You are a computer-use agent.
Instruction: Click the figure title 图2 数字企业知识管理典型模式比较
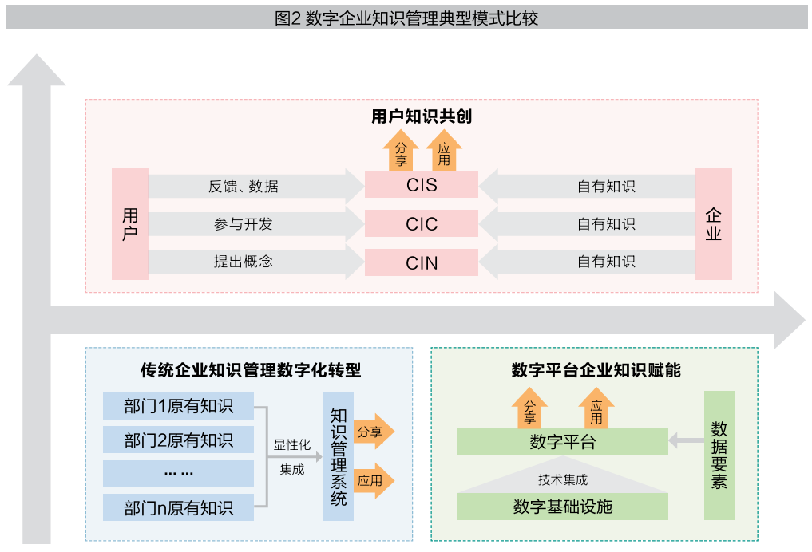pyautogui.click(x=406, y=18)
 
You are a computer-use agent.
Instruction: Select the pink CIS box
pyautogui.click(x=421, y=185)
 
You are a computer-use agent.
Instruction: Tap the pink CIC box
pyautogui.click(x=421, y=223)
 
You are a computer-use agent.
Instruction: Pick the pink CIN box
pyautogui.click(x=421, y=262)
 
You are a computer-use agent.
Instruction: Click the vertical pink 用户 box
pyautogui.click(x=130, y=223)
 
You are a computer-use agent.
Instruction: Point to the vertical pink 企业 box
pyautogui.click(x=713, y=223)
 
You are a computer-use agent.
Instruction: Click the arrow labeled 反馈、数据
pyautogui.click(x=256, y=186)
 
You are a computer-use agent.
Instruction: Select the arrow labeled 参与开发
pyautogui.click(x=256, y=224)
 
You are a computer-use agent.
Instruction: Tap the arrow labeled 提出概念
pyautogui.click(x=256, y=262)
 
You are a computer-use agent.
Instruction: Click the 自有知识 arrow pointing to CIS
pyautogui.click(x=587, y=186)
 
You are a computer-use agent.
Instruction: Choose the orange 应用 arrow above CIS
pyautogui.click(x=444, y=151)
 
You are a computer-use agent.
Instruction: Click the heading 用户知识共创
pyautogui.click(x=422, y=116)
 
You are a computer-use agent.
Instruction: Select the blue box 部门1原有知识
pyautogui.click(x=178, y=406)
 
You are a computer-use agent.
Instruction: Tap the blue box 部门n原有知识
pyautogui.click(x=178, y=507)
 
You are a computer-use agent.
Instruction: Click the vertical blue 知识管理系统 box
pyautogui.click(x=339, y=456)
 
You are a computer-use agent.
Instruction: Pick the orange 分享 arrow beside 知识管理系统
pyautogui.click(x=374, y=432)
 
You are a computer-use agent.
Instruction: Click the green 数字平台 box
pyautogui.click(x=562, y=441)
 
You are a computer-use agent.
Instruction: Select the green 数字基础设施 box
pyautogui.click(x=562, y=507)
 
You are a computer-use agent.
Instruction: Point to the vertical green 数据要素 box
pyautogui.click(x=719, y=455)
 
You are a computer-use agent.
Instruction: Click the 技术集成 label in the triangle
pyautogui.click(x=563, y=480)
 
